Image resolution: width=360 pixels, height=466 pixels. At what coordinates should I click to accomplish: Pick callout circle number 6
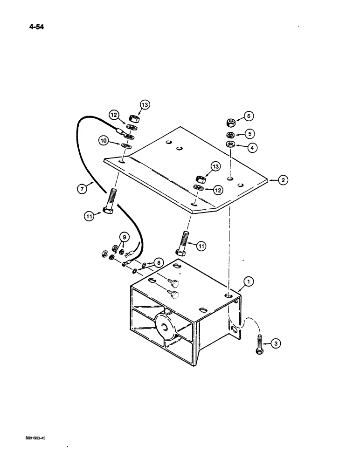point(249,116)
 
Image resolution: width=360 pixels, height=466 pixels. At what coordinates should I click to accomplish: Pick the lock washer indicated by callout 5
point(230,135)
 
